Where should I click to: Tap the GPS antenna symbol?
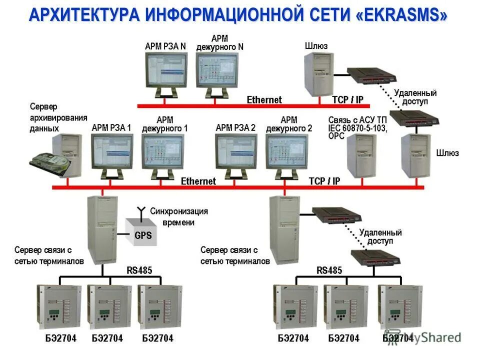coord(141,210)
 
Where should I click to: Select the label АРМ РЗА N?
coord(165,46)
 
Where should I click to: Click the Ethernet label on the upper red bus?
coord(264,99)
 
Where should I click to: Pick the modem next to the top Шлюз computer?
coord(372,75)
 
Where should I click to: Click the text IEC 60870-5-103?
coord(357,127)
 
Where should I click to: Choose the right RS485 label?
coord(328,270)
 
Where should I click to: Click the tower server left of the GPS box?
coord(102,227)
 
